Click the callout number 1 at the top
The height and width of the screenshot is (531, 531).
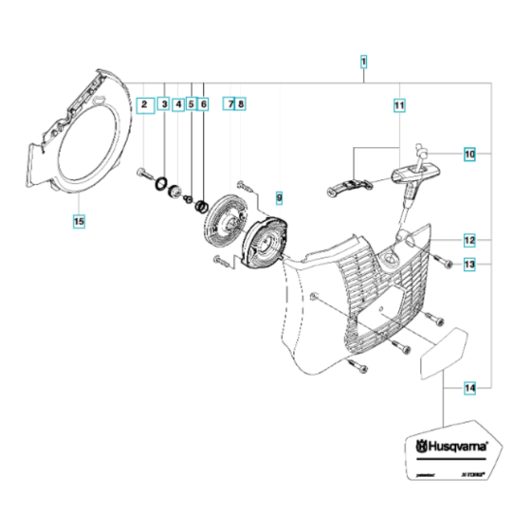[364, 63]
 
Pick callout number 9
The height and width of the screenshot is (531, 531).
[279, 197]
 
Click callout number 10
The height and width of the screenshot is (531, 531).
[468, 153]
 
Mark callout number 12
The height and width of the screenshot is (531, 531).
[468, 240]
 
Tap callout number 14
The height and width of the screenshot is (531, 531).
[468, 388]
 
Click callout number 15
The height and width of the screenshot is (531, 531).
[79, 222]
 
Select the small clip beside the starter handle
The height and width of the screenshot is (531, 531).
[349, 187]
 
